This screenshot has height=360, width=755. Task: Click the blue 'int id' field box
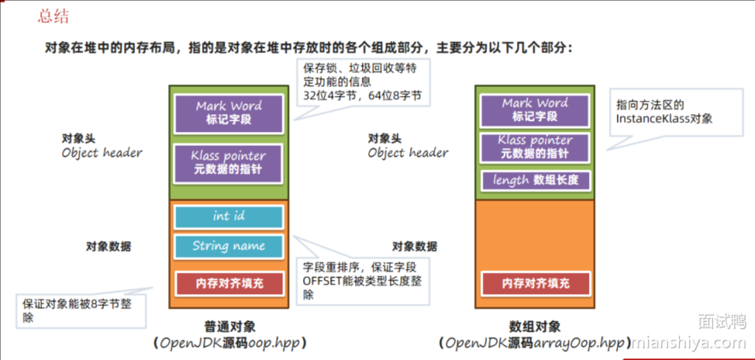(229, 217)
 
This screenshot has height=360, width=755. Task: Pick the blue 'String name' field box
(229, 246)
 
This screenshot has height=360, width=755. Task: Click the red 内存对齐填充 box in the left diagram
(229, 283)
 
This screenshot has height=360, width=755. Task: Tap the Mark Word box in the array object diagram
(535, 110)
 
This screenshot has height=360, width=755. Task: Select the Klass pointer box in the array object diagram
(535, 147)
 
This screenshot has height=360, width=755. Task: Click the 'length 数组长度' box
(535, 180)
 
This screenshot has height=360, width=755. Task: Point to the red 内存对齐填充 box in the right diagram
(535, 283)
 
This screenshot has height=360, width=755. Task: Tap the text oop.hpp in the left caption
(276, 343)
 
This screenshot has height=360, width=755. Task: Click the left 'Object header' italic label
(102, 153)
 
